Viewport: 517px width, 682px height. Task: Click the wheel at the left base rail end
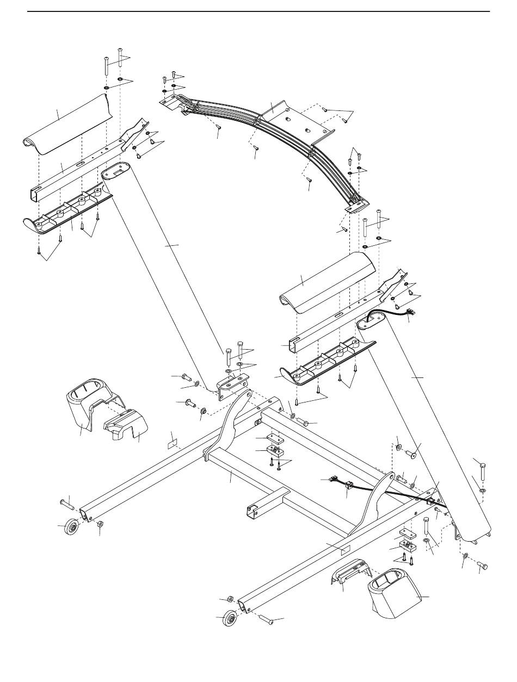(x=71, y=528)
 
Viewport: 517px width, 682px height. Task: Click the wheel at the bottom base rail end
(x=230, y=618)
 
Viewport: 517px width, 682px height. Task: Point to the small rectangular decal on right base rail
(x=344, y=550)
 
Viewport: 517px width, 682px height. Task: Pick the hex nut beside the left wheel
(x=101, y=523)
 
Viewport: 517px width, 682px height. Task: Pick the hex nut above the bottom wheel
(x=230, y=599)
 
